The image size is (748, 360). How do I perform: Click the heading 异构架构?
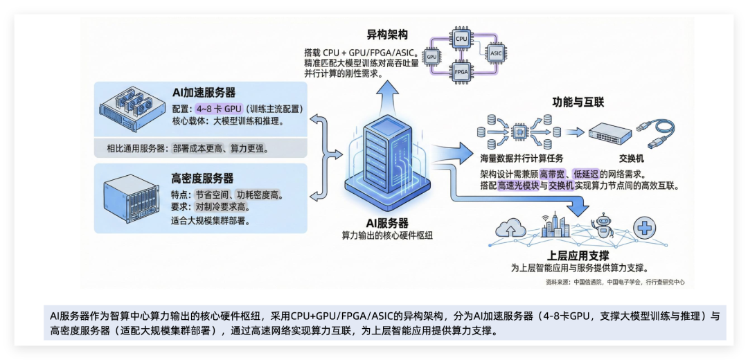coord(386,35)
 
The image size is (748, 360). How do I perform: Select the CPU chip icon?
coord(461,39)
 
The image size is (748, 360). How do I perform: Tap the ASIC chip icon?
coord(495,53)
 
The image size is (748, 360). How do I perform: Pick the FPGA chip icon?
coord(461,71)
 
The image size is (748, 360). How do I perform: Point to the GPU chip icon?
coord(431,56)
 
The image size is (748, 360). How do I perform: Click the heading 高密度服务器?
coord(202,179)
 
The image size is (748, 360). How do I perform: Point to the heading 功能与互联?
coord(578,102)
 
